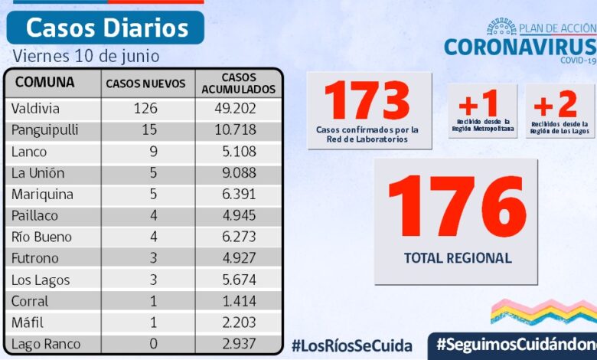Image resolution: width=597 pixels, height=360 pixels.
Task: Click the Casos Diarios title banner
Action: (x=106, y=28)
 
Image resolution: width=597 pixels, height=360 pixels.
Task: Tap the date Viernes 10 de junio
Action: (x=86, y=56)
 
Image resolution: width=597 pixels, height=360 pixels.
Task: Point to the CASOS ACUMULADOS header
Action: (x=238, y=83)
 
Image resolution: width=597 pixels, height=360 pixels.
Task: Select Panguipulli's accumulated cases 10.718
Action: (x=235, y=130)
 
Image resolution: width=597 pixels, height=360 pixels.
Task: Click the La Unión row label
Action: (x=38, y=173)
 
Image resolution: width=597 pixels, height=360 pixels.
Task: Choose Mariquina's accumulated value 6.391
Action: (x=236, y=195)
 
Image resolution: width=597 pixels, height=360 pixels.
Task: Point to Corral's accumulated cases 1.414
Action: (x=236, y=301)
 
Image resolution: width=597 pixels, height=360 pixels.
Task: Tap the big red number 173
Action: (x=367, y=100)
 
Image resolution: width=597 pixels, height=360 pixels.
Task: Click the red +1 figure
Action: (x=478, y=103)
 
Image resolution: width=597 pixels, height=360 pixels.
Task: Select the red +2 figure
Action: (x=556, y=103)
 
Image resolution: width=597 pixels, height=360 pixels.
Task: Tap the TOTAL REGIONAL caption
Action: (x=457, y=258)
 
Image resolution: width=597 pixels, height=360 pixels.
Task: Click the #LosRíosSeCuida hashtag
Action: (x=351, y=345)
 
